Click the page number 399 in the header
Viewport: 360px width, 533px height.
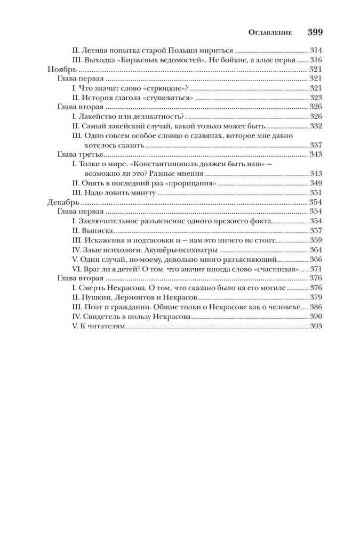point(315,32)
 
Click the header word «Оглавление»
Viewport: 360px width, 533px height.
point(270,33)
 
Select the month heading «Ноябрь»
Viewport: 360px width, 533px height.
point(59,69)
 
